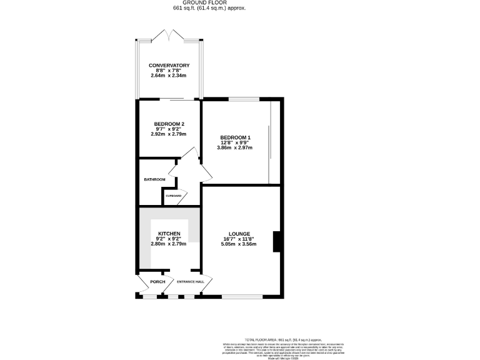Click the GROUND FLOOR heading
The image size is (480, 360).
coord(209,3)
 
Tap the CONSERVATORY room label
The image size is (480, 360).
coord(169,66)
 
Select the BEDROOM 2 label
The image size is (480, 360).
coord(169,124)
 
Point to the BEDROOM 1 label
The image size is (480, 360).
coord(235,137)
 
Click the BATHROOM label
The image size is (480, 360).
coord(154,180)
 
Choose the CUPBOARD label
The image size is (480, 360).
coord(174,196)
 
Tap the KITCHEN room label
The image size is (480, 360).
coord(169,234)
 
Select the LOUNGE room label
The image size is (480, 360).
coord(239,234)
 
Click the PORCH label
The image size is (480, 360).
coord(157,282)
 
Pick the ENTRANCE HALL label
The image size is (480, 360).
coord(191,282)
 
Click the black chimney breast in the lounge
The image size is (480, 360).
coord(276,242)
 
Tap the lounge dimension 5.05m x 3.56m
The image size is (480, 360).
coord(239,244)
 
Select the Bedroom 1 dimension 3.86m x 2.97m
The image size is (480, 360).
coord(235,147)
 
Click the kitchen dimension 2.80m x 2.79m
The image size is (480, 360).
coord(169,244)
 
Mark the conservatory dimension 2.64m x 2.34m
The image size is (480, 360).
coord(169,76)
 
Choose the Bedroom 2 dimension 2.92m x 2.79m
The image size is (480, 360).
coord(169,134)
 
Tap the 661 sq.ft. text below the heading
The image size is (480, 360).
coord(209,9)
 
